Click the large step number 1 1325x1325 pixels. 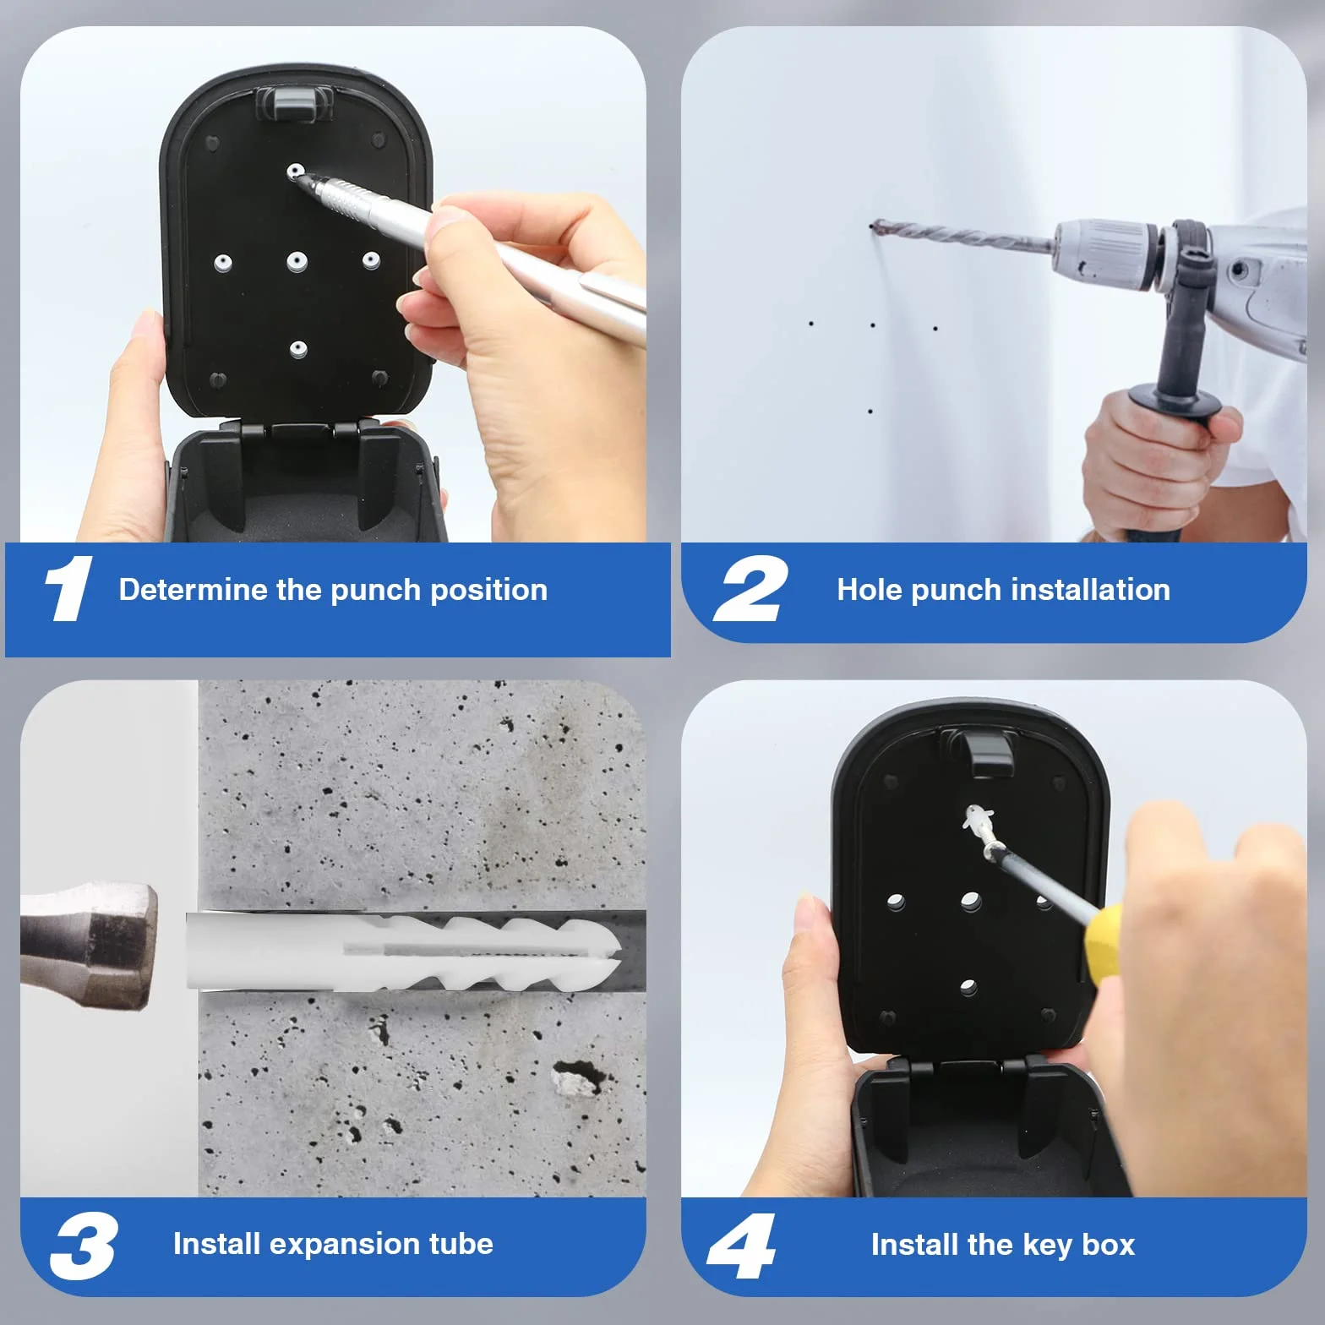68,588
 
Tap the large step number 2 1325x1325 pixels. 750,589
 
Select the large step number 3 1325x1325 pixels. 84,1246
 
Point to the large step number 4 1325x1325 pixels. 741,1246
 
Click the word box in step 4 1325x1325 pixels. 1108,1245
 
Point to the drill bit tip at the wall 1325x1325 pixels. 872,226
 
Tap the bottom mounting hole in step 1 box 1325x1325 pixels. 298,348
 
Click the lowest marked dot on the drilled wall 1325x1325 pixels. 870,412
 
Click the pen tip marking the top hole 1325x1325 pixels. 302,176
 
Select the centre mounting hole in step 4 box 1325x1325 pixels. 970,902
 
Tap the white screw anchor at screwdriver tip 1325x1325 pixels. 977,819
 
